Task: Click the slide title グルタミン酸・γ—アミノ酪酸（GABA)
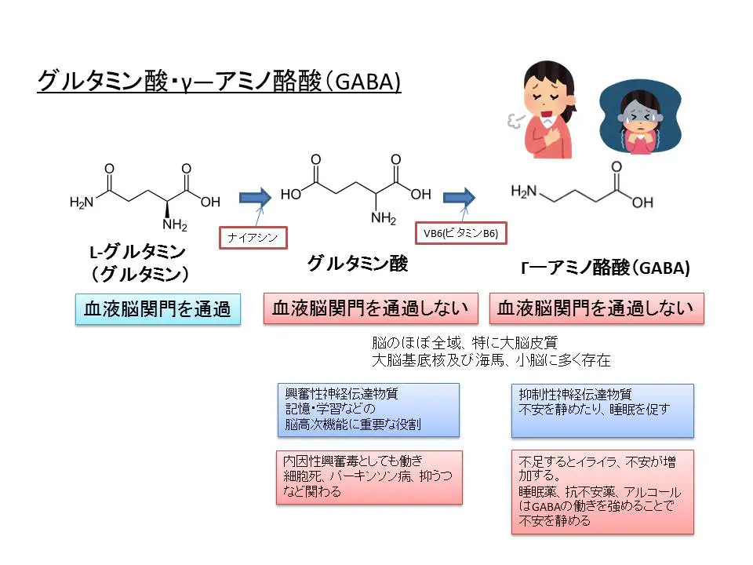pos(220,81)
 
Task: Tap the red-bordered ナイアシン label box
pos(253,237)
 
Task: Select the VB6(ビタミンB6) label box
pos(461,233)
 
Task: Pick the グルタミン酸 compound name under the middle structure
pos(358,264)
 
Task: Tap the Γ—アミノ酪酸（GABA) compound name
pos(606,268)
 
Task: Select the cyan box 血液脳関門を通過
pos(158,309)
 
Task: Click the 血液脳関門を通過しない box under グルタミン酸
pos(370,308)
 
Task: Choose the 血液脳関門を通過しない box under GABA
pos(596,308)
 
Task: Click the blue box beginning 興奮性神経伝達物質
pos(368,410)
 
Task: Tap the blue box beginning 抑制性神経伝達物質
pos(602,410)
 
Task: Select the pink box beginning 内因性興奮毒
pos(368,476)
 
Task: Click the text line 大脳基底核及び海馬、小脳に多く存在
pos(491,360)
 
